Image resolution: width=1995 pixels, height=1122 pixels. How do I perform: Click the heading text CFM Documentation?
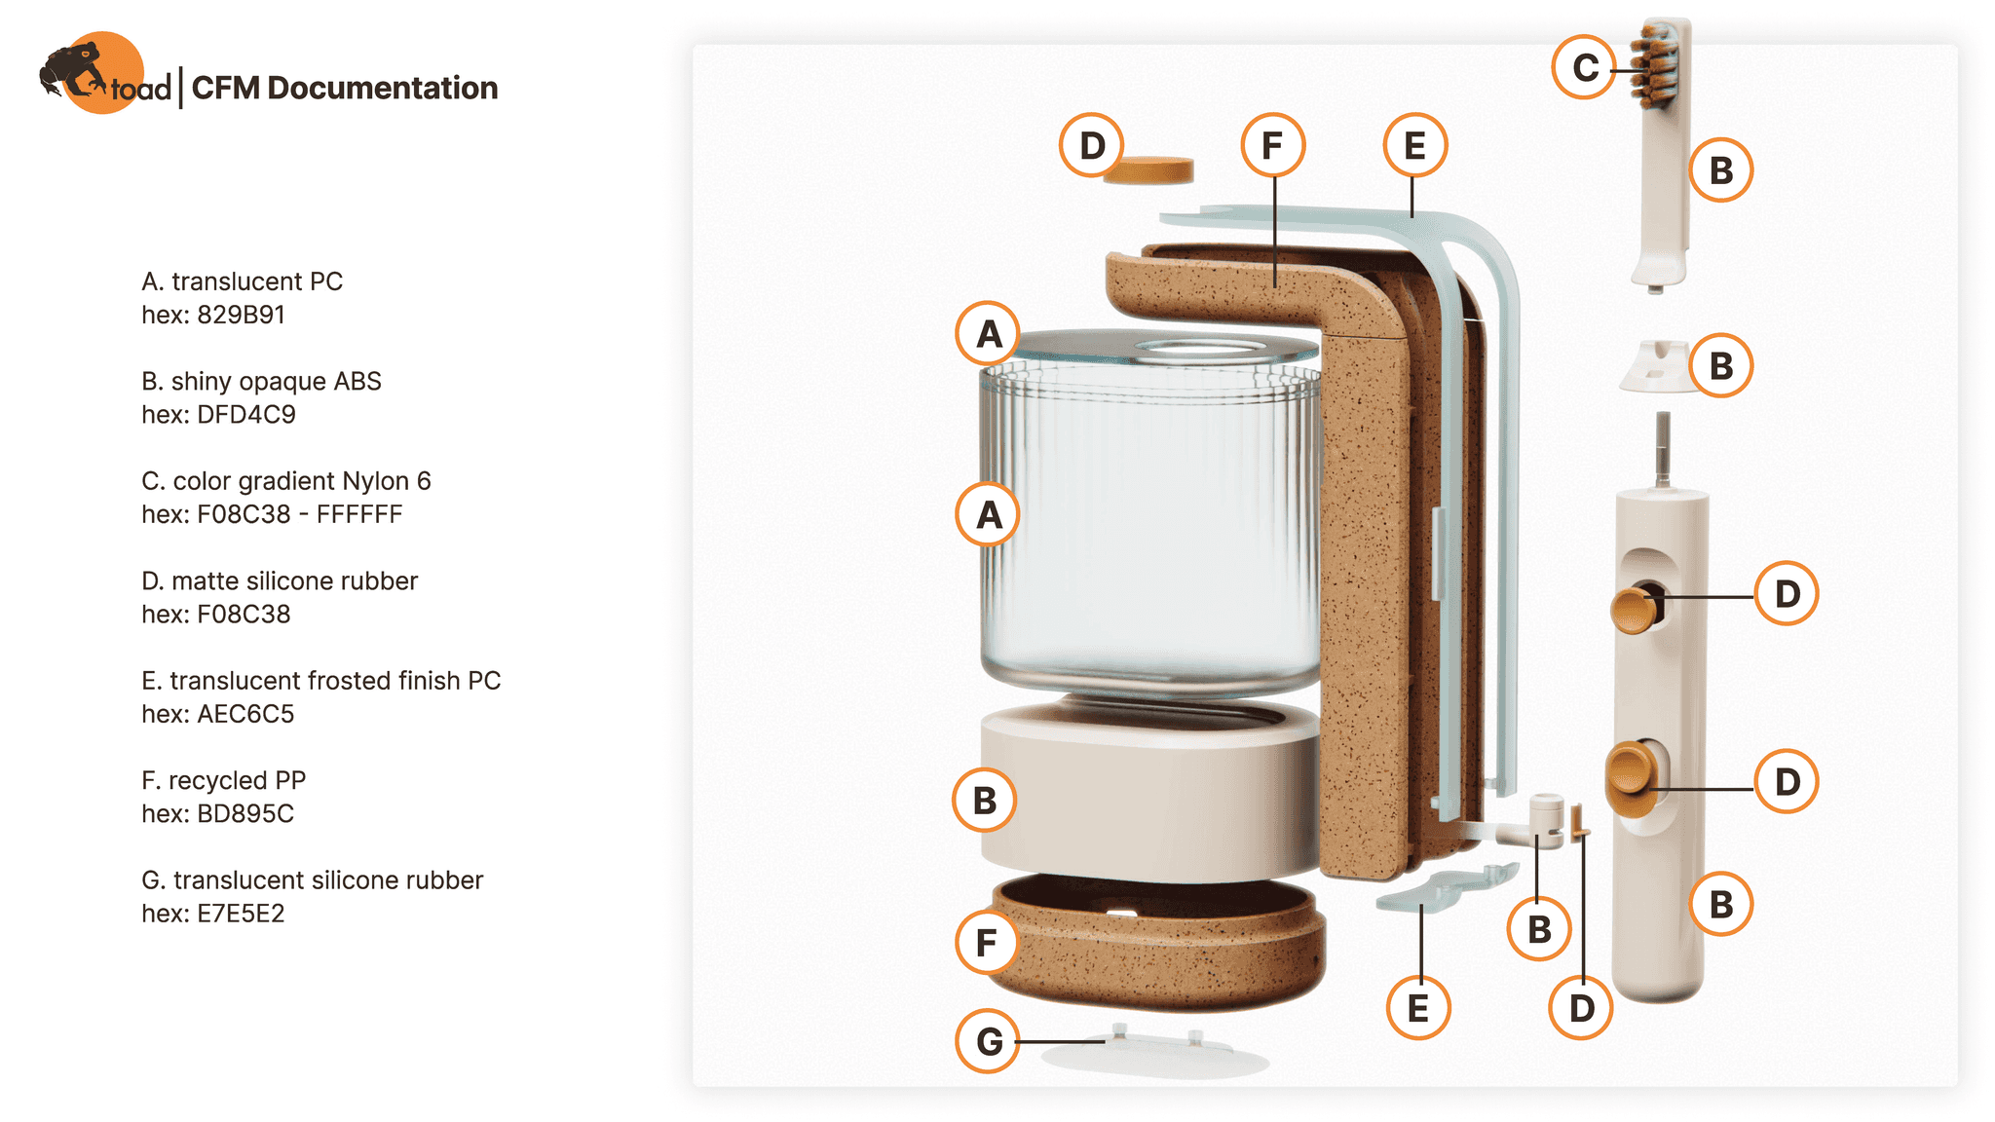(x=345, y=88)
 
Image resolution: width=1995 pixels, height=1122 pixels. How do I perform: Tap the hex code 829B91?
(x=241, y=315)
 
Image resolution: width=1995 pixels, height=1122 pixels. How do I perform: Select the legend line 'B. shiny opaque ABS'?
(x=261, y=381)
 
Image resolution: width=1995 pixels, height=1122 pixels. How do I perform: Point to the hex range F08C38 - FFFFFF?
(x=299, y=514)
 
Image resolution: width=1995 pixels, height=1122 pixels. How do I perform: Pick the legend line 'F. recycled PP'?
(x=223, y=780)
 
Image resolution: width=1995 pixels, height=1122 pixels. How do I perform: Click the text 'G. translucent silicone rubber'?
(x=312, y=880)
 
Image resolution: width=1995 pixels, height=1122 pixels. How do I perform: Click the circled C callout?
(x=1585, y=67)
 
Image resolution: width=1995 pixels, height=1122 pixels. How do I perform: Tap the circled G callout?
(x=988, y=1041)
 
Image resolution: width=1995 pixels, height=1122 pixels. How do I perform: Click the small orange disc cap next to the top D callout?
(x=1148, y=169)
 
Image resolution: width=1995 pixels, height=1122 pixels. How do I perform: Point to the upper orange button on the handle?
(x=1635, y=610)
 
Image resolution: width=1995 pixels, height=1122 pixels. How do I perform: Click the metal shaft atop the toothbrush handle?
(x=1663, y=449)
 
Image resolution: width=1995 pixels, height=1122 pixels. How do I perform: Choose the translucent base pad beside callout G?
(x=1154, y=1054)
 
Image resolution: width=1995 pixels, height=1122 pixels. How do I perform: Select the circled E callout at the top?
(x=1414, y=146)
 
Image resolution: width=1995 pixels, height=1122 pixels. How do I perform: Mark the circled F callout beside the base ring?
(x=987, y=943)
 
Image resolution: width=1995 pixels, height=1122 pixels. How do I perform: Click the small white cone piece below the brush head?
(x=1655, y=366)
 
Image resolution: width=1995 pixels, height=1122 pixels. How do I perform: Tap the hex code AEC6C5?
(x=245, y=714)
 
